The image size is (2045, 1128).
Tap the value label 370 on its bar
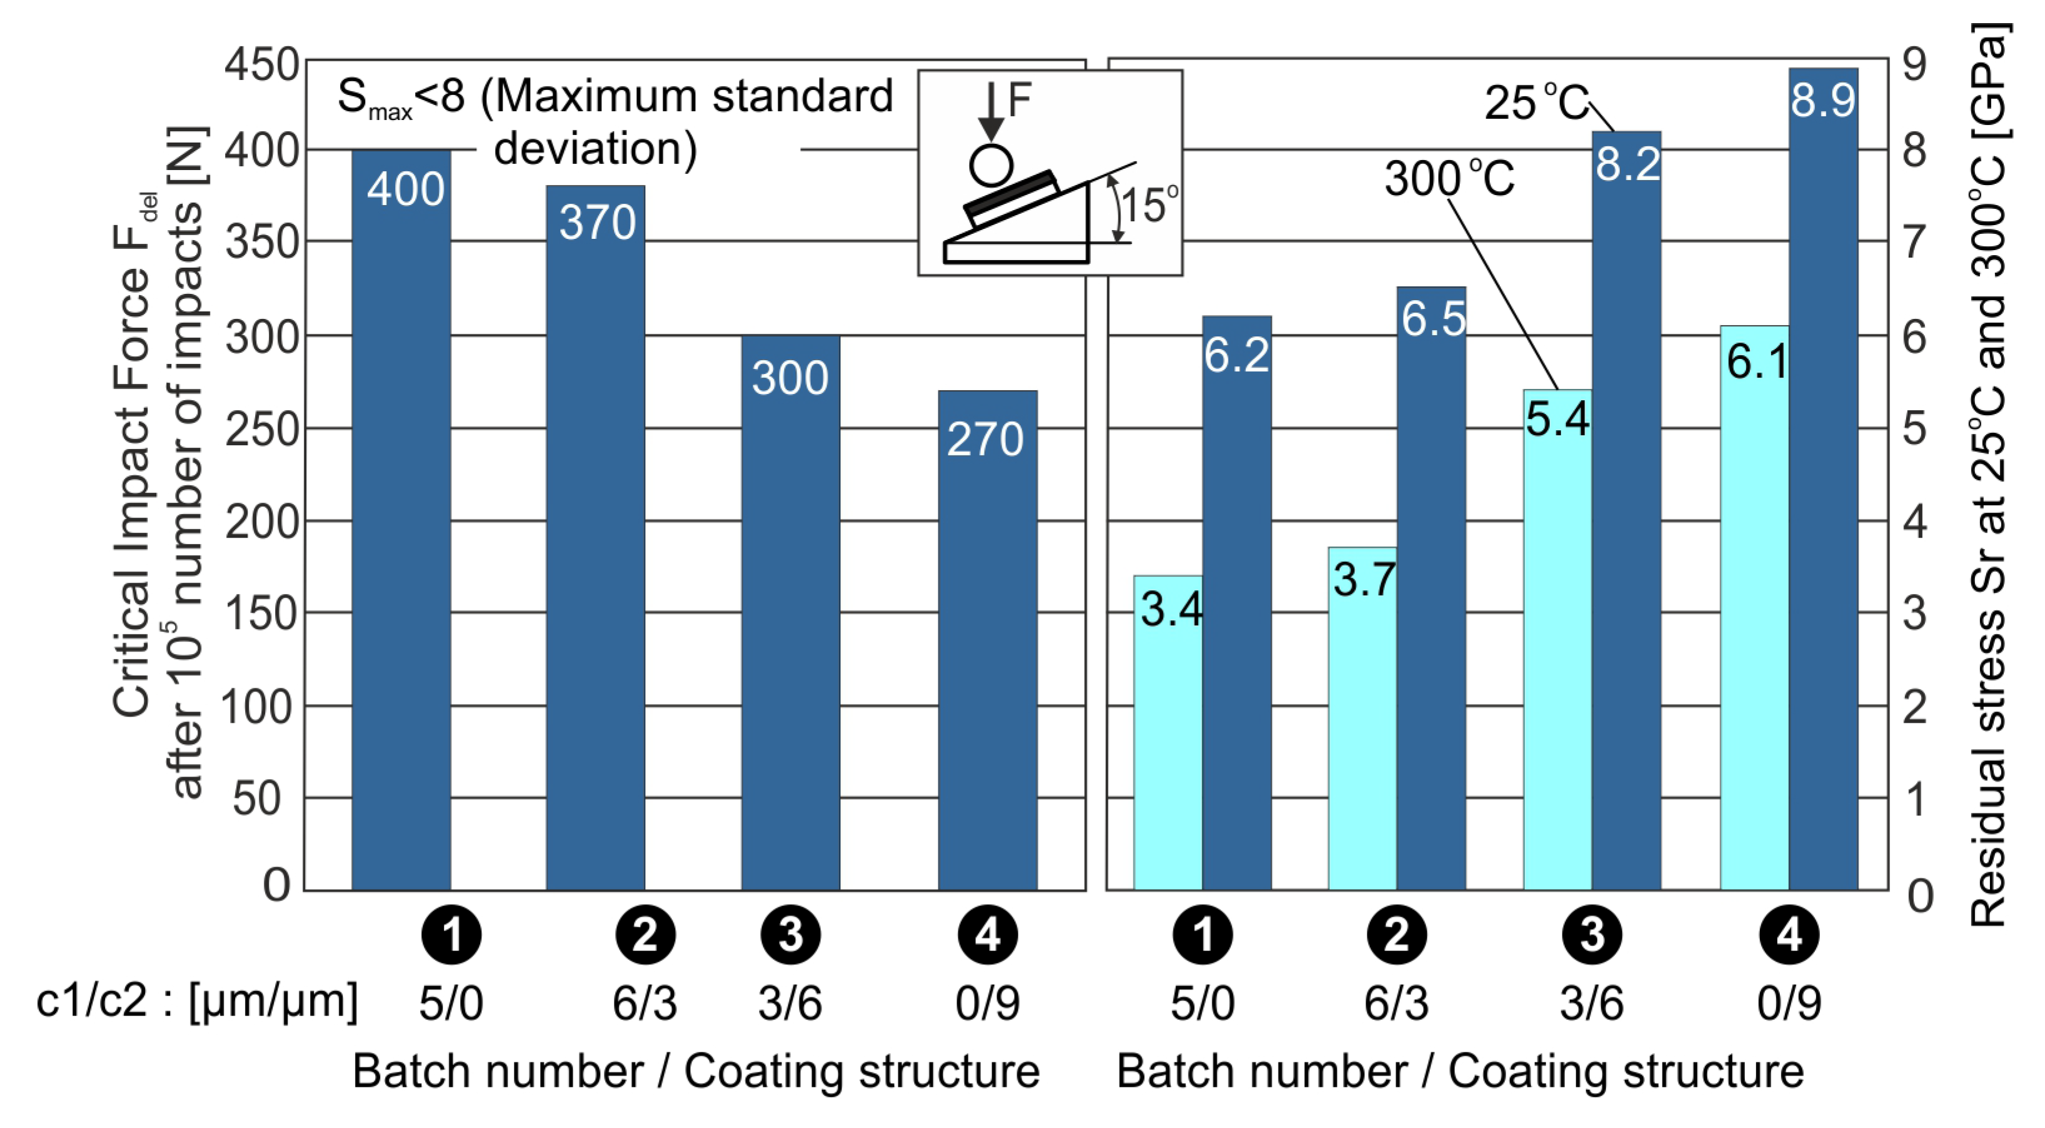(x=597, y=222)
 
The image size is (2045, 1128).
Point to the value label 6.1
(x=1756, y=362)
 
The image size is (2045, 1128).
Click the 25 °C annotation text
(x=1535, y=103)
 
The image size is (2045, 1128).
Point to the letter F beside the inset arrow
(x=1018, y=101)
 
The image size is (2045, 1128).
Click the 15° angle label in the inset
(x=1148, y=206)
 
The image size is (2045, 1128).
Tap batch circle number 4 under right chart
(x=1789, y=934)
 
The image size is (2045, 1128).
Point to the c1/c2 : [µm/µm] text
(x=197, y=1000)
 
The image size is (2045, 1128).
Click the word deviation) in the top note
(x=595, y=148)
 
